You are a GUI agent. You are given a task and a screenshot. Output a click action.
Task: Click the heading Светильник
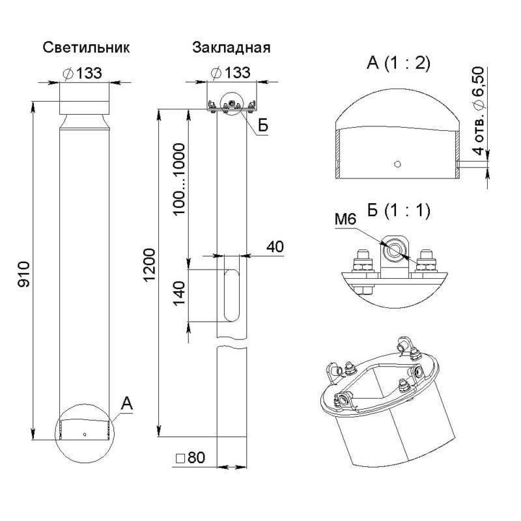pos(86,48)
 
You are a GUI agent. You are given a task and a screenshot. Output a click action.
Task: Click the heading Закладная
pos(231,48)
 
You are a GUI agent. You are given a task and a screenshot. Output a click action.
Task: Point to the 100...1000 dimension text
pos(179,180)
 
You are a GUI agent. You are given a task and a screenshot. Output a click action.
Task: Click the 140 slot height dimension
pos(179,294)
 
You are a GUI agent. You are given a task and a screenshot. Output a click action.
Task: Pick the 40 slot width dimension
pos(275,247)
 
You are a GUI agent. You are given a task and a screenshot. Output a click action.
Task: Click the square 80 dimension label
pos(190,458)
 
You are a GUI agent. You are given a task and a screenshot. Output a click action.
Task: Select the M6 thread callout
pos(345,219)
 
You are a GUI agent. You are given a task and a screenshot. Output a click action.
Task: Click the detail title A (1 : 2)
pos(399,63)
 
